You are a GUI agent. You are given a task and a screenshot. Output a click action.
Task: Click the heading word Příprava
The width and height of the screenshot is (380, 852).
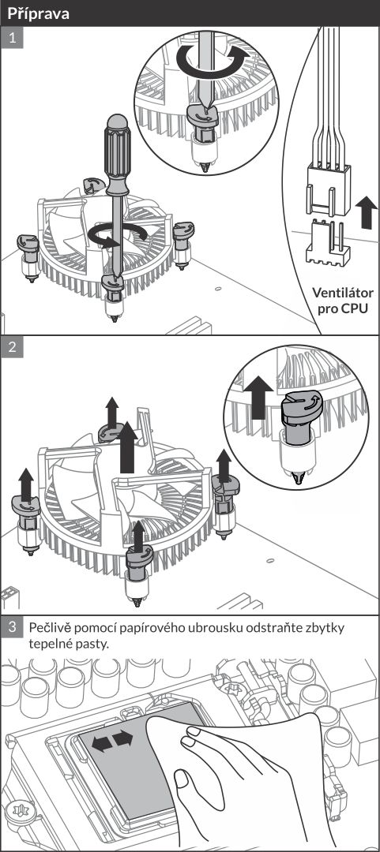pos(38,13)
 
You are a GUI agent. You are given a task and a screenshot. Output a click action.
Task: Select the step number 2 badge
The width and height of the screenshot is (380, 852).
pos(12,346)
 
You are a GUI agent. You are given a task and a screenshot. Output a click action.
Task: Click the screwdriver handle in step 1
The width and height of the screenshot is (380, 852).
pos(118,155)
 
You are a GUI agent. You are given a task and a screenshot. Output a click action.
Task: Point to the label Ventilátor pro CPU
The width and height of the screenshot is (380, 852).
pos(342,301)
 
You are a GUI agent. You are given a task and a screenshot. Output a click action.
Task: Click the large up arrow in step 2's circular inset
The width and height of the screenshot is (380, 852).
pos(258,399)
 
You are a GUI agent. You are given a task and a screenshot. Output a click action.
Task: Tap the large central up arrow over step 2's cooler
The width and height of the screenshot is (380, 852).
pos(127,447)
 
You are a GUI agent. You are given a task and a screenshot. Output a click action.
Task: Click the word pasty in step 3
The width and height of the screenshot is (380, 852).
pos(92,645)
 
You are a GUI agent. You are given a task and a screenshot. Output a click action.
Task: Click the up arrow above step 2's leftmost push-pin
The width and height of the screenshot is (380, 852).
pos(26,483)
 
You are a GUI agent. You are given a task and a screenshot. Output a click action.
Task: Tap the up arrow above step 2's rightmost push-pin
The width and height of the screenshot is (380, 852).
pos(224,464)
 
